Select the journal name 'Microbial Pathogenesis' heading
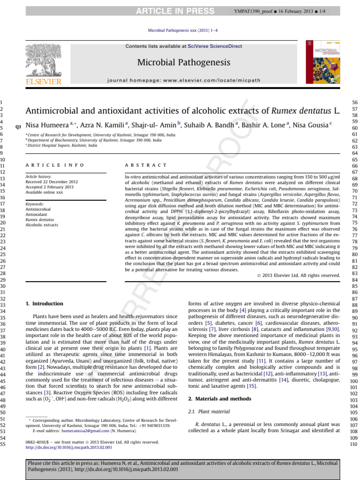pyautogui.click(x=183, y=62)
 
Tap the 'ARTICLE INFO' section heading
pyautogui.click(x=55, y=165)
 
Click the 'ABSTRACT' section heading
pyautogui.click(x=145, y=165)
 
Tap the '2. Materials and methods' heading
pyautogui.click(x=219, y=398)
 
